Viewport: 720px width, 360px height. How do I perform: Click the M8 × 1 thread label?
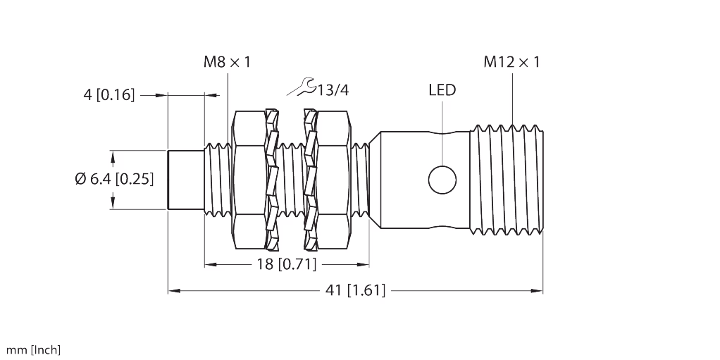pyautogui.click(x=226, y=63)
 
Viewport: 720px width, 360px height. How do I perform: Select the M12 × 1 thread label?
pyautogui.click(x=511, y=63)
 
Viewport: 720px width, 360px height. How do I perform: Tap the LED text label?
pyautogui.click(x=442, y=90)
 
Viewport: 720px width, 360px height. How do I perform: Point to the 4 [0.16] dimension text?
pyautogui.click(x=108, y=94)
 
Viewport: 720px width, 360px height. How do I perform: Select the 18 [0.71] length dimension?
pyautogui.click(x=285, y=265)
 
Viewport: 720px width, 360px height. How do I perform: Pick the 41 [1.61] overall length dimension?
pyautogui.click(x=354, y=290)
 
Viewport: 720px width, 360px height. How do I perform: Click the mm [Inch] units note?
pyautogui.click(x=34, y=349)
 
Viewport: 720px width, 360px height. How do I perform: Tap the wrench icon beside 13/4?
pyautogui.click(x=302, y=87)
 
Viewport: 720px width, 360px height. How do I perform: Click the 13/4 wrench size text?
pyautogui.click(x=333, y=90)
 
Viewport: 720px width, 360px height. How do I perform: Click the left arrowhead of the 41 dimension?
pyautogui.click(x=172, y=290)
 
